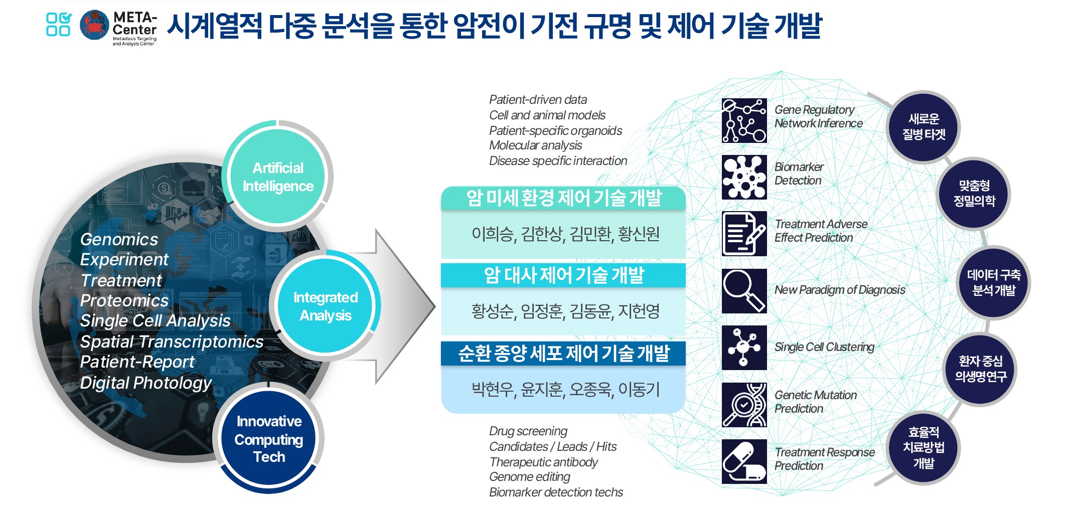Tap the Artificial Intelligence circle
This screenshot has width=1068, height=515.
tap(277, 177)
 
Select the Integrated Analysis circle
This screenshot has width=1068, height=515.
tap(325, 306)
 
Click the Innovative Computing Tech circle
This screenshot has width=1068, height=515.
tap(269, 439)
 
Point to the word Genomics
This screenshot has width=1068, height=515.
tap(119, 239)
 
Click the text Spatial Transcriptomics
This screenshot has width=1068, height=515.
tap(172, 341)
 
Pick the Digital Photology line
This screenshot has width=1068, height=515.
tap(145, 383)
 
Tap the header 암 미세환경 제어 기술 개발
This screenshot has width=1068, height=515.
tap(563, 198)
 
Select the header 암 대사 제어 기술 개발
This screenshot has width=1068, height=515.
tap(563, 275)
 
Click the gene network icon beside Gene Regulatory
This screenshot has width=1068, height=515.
tap(744, 121)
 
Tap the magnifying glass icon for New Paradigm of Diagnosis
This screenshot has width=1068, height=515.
tap(744, 291)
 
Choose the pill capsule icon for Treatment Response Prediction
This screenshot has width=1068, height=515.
tap(744, 461)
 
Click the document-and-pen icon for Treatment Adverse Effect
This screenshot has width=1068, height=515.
tap(744, 234)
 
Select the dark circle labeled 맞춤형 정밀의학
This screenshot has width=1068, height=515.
tap(974, 194)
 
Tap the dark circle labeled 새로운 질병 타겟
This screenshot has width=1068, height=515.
tap(924, 127)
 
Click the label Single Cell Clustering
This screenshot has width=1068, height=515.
tap(824, 347)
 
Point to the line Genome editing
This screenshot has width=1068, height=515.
tap(530, 477)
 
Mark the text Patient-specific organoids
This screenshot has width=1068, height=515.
tap(555, 130)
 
